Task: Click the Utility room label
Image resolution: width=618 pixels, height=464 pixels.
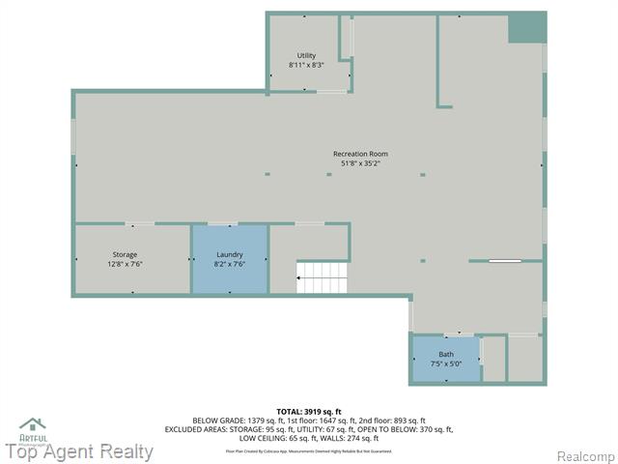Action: coord(306,55)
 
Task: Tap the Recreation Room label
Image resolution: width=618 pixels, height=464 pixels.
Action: coord(360,154)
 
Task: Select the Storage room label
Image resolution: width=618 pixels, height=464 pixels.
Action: coord(125,254)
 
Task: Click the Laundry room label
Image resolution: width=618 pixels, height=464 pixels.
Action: coord(230,254)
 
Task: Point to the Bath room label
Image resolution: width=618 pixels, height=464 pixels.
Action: coord(445,354)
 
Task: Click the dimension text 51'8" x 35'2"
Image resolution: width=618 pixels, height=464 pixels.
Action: coord(360,163)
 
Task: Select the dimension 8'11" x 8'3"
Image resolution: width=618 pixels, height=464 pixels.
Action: coord(306,65)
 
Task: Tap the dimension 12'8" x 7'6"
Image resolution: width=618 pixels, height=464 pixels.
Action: coord(125,264)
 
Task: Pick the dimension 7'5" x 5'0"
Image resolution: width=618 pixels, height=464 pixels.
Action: coord(445,363)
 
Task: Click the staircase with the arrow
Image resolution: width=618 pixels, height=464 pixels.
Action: coord(323,277)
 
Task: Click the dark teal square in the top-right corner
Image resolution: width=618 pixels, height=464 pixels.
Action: coord(527,28)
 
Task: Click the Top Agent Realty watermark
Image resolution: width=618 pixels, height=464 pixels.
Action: coord(79,451)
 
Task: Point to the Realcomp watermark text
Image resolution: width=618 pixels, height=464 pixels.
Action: coord(583,456)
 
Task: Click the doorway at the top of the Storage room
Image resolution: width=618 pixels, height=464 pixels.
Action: coord(141,224)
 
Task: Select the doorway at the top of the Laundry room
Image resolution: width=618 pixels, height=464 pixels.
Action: coord(230,224)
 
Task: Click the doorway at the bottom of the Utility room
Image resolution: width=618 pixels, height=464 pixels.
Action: coord(331,92)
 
